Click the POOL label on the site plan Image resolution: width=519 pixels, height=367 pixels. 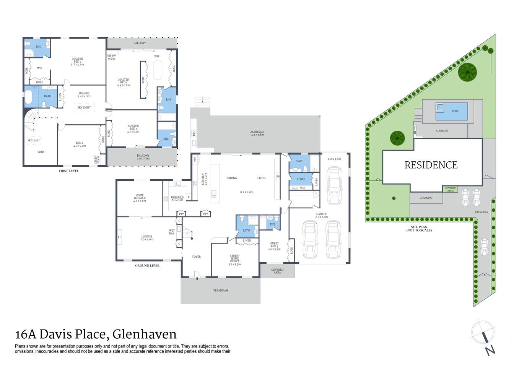455,111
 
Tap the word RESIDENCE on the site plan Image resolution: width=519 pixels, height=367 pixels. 431,165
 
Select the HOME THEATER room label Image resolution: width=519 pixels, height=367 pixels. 140,198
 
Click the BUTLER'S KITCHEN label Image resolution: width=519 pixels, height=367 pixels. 177,198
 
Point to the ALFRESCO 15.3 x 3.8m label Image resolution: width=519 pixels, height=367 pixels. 257,133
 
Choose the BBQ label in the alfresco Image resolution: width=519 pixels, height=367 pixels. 194,133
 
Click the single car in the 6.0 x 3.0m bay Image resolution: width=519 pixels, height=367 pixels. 334,186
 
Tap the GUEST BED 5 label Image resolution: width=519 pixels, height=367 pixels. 274,246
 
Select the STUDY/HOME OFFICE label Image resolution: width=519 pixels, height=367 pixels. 234,260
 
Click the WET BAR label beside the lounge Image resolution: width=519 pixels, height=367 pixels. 172,232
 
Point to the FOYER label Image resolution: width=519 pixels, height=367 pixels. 196,257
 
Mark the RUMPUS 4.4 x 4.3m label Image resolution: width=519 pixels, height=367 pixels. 84,95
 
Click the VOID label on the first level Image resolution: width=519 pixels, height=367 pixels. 41,152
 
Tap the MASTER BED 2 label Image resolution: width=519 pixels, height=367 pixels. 77,62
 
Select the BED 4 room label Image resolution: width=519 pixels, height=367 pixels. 80,144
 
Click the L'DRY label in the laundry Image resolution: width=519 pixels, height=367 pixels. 301,179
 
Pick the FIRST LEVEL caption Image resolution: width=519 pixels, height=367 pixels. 69,171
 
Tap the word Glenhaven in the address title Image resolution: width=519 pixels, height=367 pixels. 145,334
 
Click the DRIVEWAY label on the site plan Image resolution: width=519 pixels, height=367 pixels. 482,212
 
